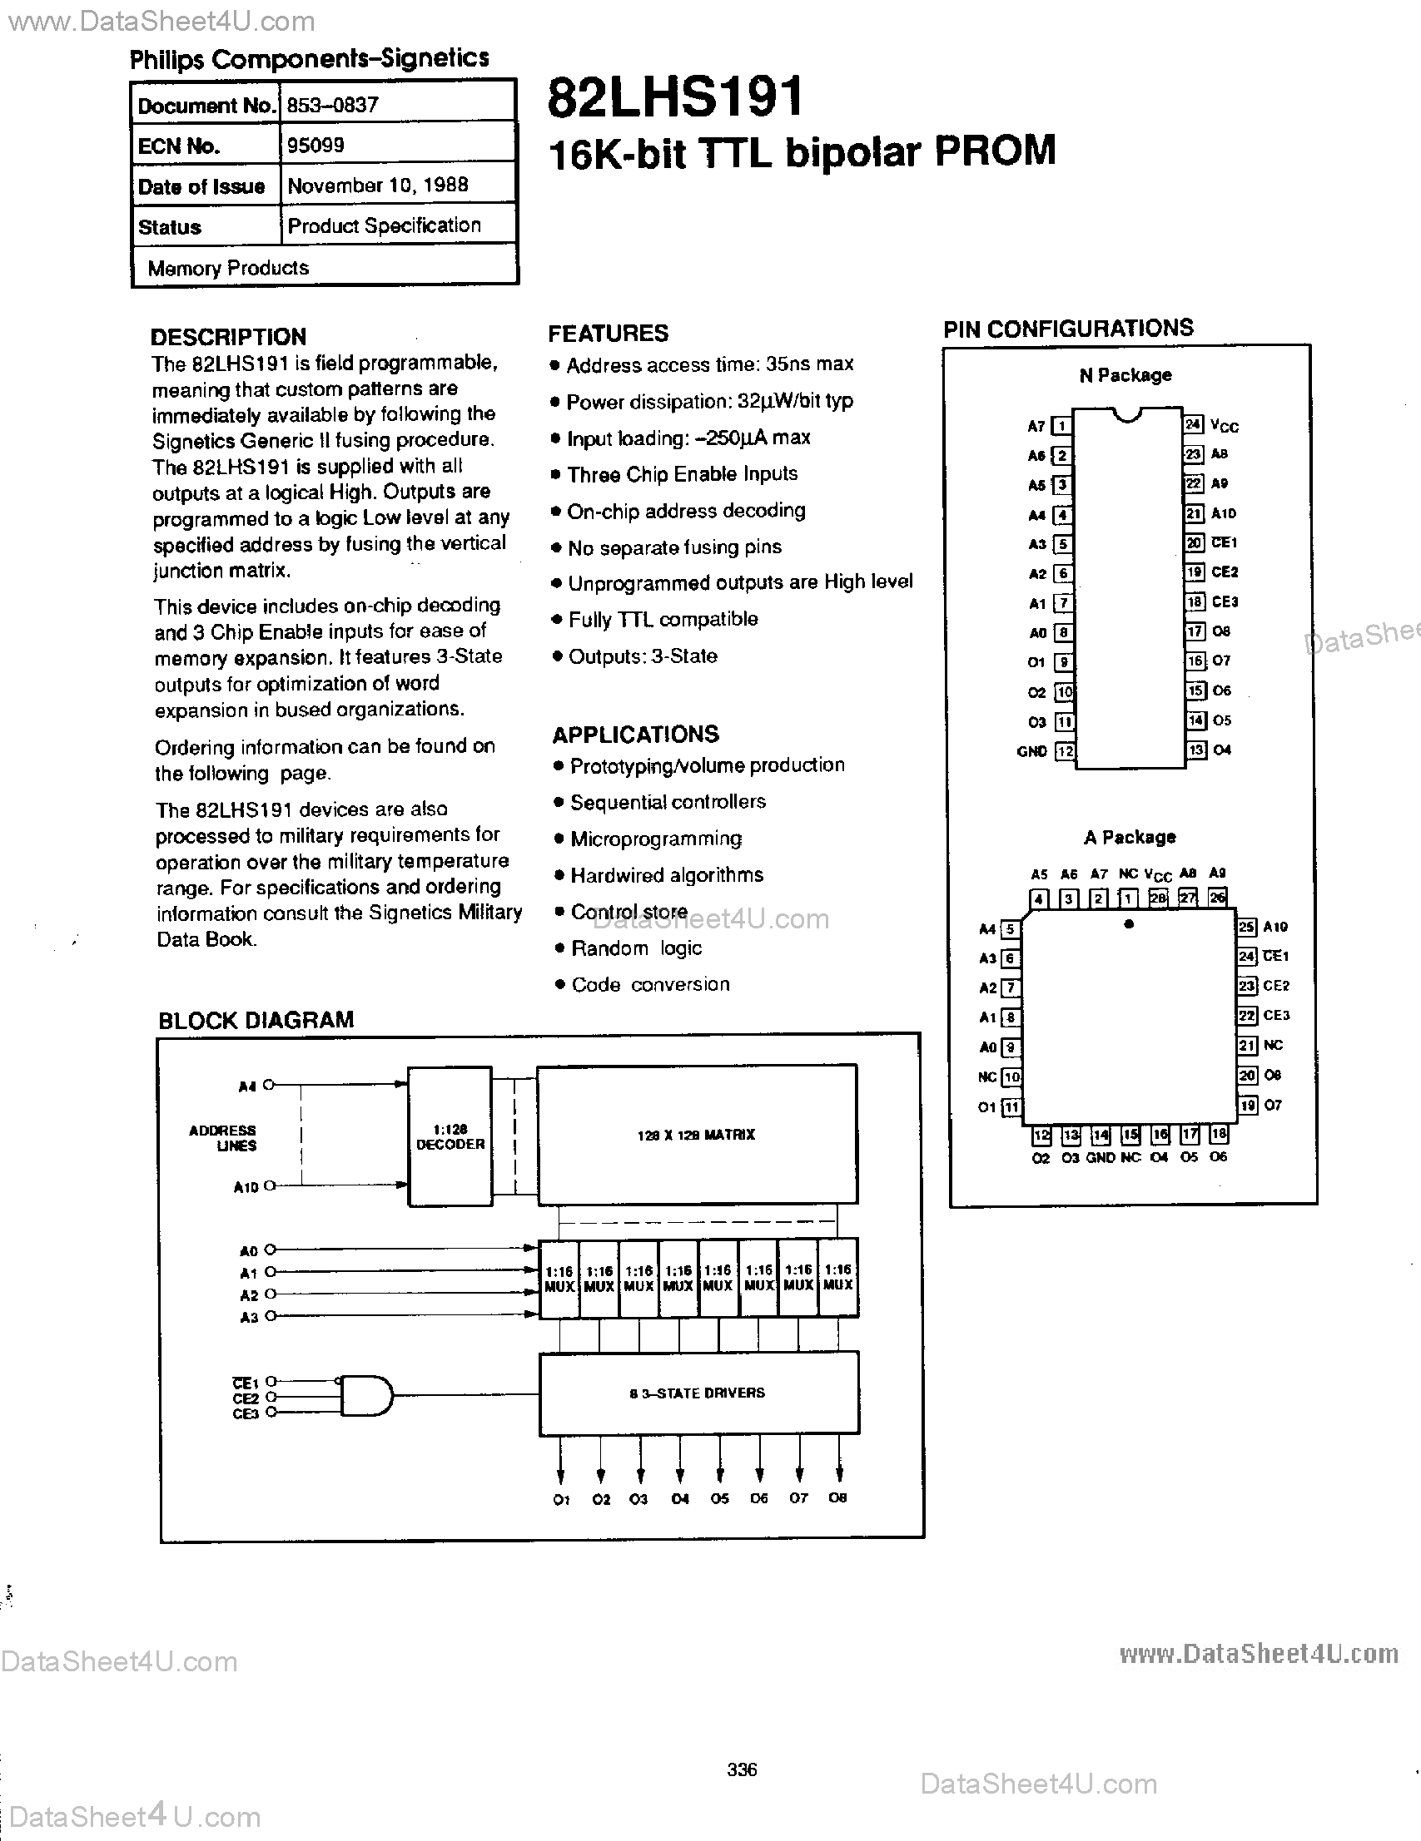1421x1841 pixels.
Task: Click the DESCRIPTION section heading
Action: (x=228, y=337)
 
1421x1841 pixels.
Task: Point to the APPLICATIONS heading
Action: (x=636, y=735)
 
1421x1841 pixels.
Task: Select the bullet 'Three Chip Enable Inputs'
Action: (x=683, y=474)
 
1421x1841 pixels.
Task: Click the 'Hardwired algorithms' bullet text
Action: (x=667, y=875)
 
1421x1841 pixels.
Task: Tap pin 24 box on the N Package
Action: (x=1193, y=425)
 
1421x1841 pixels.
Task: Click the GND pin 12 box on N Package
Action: (x=1065, y=750)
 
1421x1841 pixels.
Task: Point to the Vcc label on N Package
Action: (x=1224, y=426)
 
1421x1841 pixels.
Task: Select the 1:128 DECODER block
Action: (x=450, y=1136)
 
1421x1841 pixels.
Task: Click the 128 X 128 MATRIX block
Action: (x=697, y=1135)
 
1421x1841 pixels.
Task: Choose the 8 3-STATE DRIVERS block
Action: (x=698, y=1393)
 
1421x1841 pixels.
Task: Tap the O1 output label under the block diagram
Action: (x=562, y=1499)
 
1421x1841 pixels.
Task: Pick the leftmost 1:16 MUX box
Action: (x=559, y=1278)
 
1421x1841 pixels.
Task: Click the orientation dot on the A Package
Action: (x=1129, y=924)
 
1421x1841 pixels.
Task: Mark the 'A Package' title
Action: (x=1129, y=837)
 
